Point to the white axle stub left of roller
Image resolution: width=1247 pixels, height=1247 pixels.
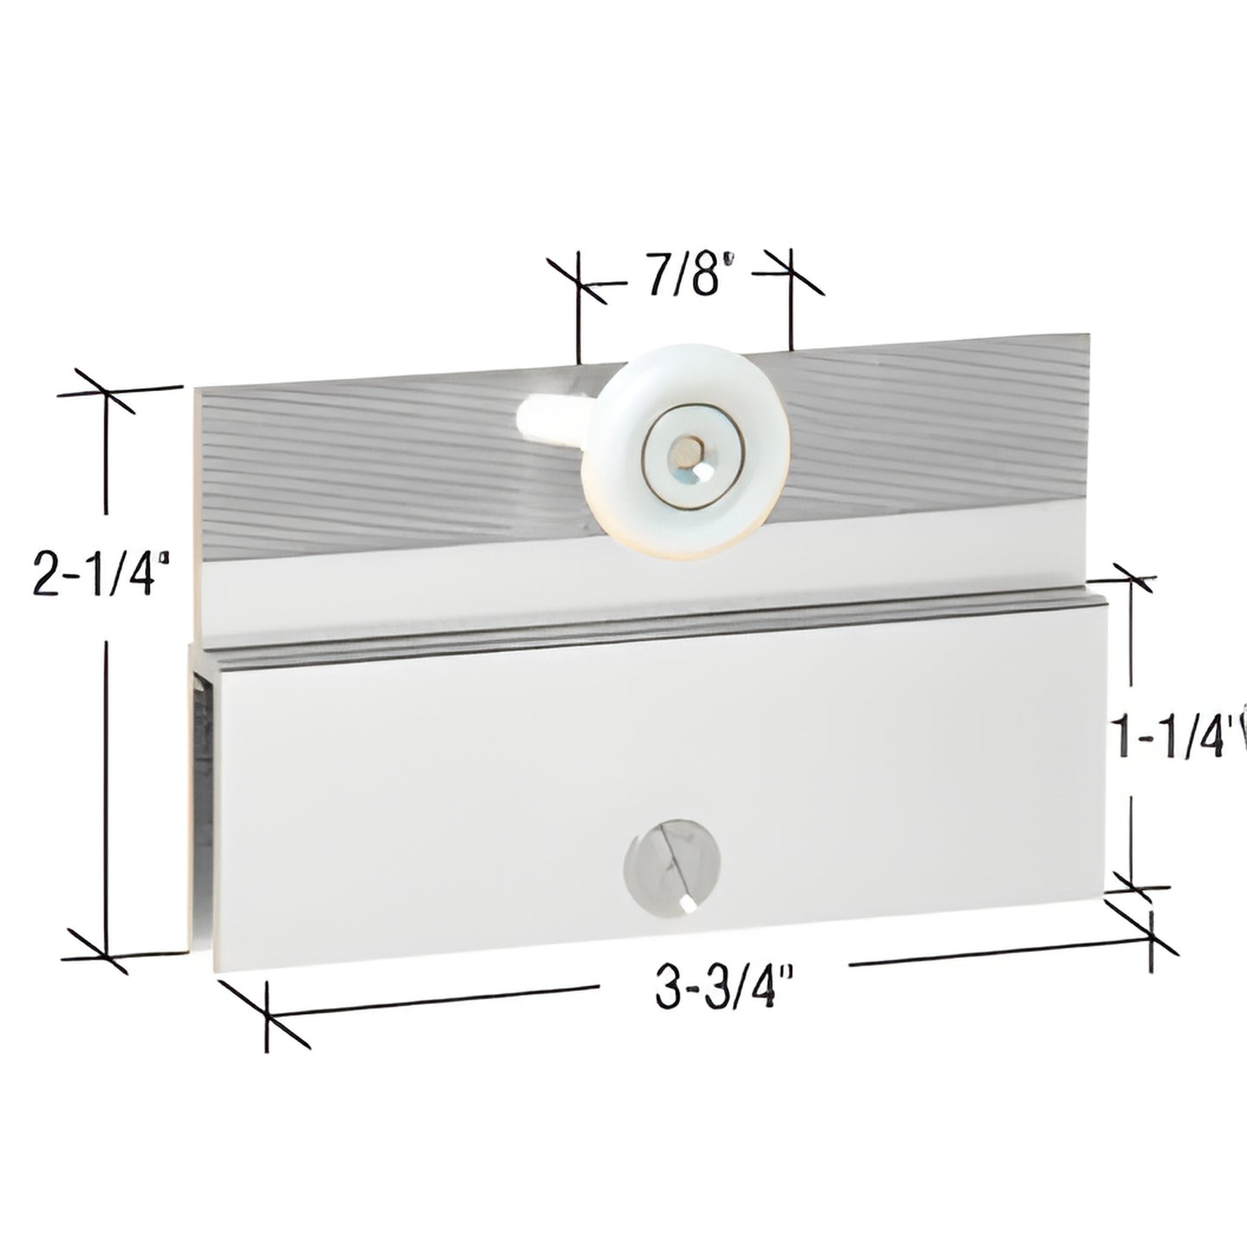tap(551, 421)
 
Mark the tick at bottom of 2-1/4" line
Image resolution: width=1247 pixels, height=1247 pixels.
tap(106, 953)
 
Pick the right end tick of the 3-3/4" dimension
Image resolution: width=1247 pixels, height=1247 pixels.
tap(1152, 934)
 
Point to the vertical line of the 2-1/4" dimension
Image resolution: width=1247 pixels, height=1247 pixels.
tap(106, 734)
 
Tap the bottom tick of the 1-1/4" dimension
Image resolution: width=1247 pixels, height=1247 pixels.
tap(1130, 886)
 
